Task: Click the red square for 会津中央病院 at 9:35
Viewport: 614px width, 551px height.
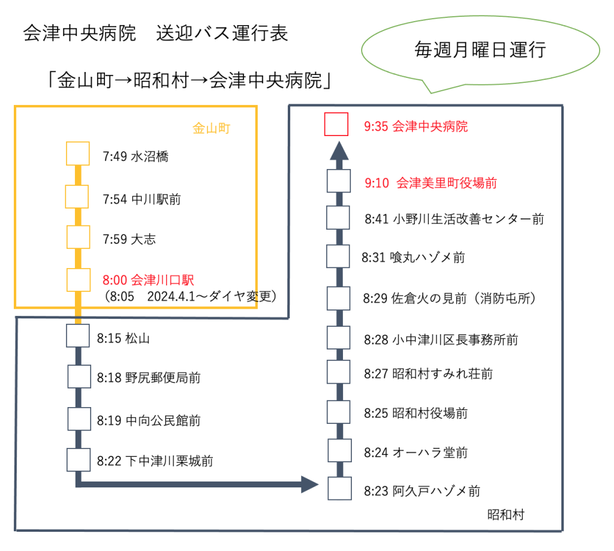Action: pos(336,124)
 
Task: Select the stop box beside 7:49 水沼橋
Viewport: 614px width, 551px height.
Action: pos(77,153)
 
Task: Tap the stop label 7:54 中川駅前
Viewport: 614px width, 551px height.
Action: pos(142,199)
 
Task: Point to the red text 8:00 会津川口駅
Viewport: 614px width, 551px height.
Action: pos(149,280)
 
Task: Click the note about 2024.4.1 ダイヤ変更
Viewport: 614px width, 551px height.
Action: pos(190,296)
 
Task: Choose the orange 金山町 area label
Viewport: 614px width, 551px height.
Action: pos(211,128)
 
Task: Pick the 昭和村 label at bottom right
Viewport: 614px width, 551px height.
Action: pos(505,514)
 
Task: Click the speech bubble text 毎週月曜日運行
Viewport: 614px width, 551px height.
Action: pos(480,50)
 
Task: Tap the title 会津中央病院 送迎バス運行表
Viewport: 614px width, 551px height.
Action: pos(155,33)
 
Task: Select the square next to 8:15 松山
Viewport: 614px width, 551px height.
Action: pos(77,336)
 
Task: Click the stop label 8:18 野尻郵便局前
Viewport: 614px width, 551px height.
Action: pos(149,378)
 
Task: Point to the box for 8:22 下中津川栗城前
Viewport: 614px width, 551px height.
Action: pos(79,459)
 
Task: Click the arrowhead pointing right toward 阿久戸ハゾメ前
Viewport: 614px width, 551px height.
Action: pos(309,484)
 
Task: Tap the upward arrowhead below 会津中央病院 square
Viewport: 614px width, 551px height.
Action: pos(339,150)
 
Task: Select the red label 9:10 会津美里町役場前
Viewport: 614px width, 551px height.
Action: pos(431,183)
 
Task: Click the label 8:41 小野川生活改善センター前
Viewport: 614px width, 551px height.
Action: pos(455,219)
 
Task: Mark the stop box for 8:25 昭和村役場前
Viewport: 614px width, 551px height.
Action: pos(339,412)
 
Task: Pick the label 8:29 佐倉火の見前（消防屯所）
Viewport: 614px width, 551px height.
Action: pos(450,299)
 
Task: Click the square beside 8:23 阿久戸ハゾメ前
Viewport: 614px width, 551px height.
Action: pos(339,488)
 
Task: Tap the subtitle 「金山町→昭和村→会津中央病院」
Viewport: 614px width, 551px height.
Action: pos(189,80)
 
